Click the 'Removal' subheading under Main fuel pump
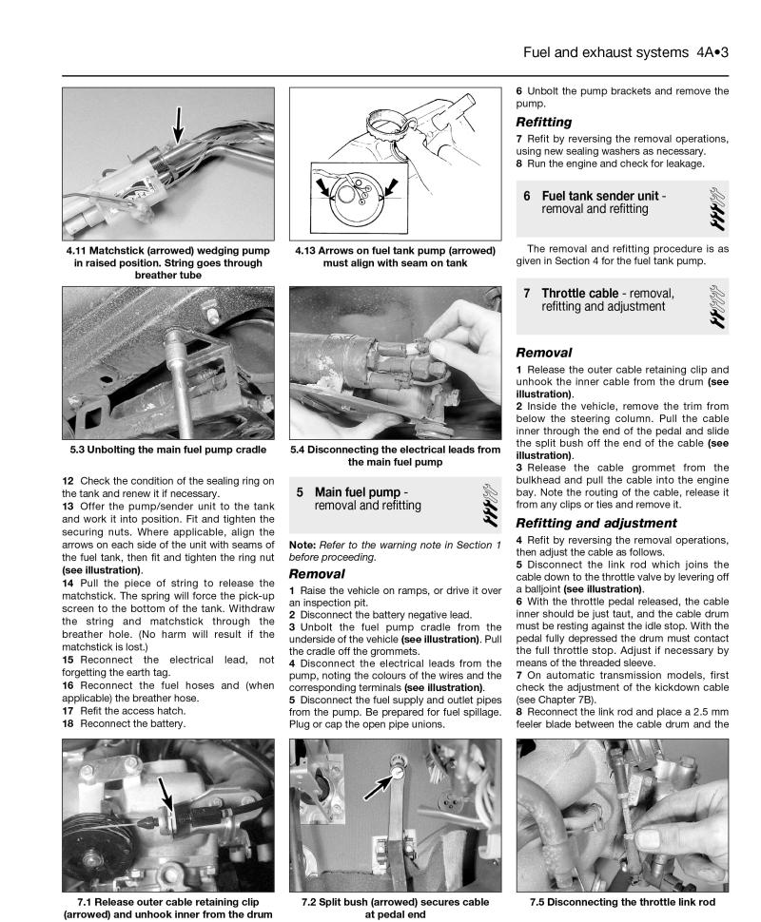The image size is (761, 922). click(x=317, y=575)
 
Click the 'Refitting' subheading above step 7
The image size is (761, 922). click(x=544, y=123)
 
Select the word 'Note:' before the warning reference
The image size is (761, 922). click(x=302, y=545)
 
